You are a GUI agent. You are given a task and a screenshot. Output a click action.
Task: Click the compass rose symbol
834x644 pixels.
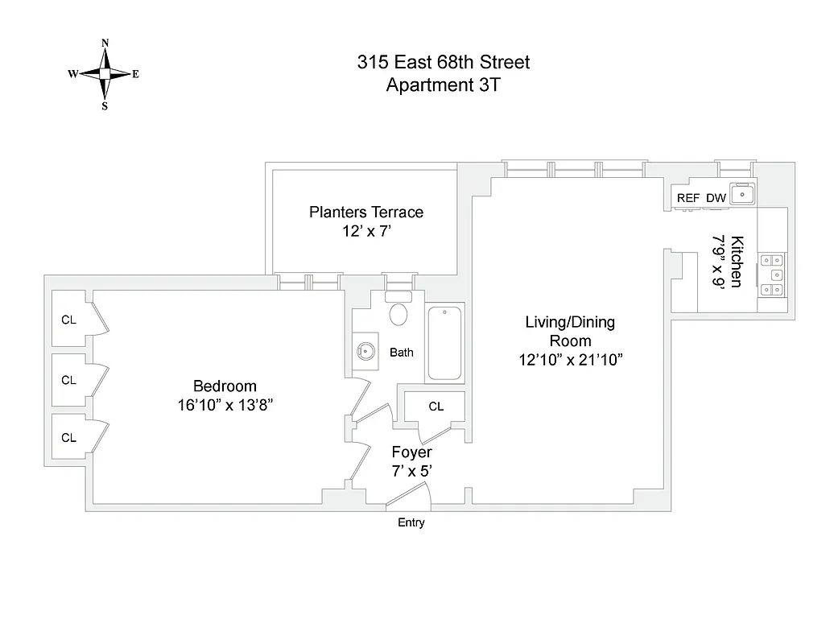[104, 74]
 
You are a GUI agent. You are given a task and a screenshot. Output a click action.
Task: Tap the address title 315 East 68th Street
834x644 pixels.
[444, 63]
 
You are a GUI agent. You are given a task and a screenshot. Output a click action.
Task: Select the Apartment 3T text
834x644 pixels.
[444, 85]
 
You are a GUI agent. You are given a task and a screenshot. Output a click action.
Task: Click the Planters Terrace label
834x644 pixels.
[366, 213]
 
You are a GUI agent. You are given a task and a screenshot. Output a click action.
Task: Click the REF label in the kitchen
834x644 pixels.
[687, 198]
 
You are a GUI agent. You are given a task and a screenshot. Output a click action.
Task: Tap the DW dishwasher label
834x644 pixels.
[716, 198]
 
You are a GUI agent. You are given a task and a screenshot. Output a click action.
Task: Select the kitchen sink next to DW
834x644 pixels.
[743, 196]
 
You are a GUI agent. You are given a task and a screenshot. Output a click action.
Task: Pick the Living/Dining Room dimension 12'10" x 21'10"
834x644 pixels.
[570, 360]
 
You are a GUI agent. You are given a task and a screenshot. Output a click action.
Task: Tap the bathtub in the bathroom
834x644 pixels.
[445, 343]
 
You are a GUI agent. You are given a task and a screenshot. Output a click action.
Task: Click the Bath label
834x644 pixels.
[402, 353]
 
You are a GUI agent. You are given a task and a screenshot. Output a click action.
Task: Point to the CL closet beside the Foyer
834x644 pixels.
[436, 407]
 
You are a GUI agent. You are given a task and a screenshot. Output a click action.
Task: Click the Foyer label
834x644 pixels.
[411, 452]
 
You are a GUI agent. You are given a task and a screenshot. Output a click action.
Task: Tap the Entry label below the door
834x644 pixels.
[411, 523]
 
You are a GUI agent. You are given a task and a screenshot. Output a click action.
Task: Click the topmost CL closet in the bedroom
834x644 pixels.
[69, 320]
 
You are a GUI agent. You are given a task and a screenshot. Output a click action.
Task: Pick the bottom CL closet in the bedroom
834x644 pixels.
[69, 437]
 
